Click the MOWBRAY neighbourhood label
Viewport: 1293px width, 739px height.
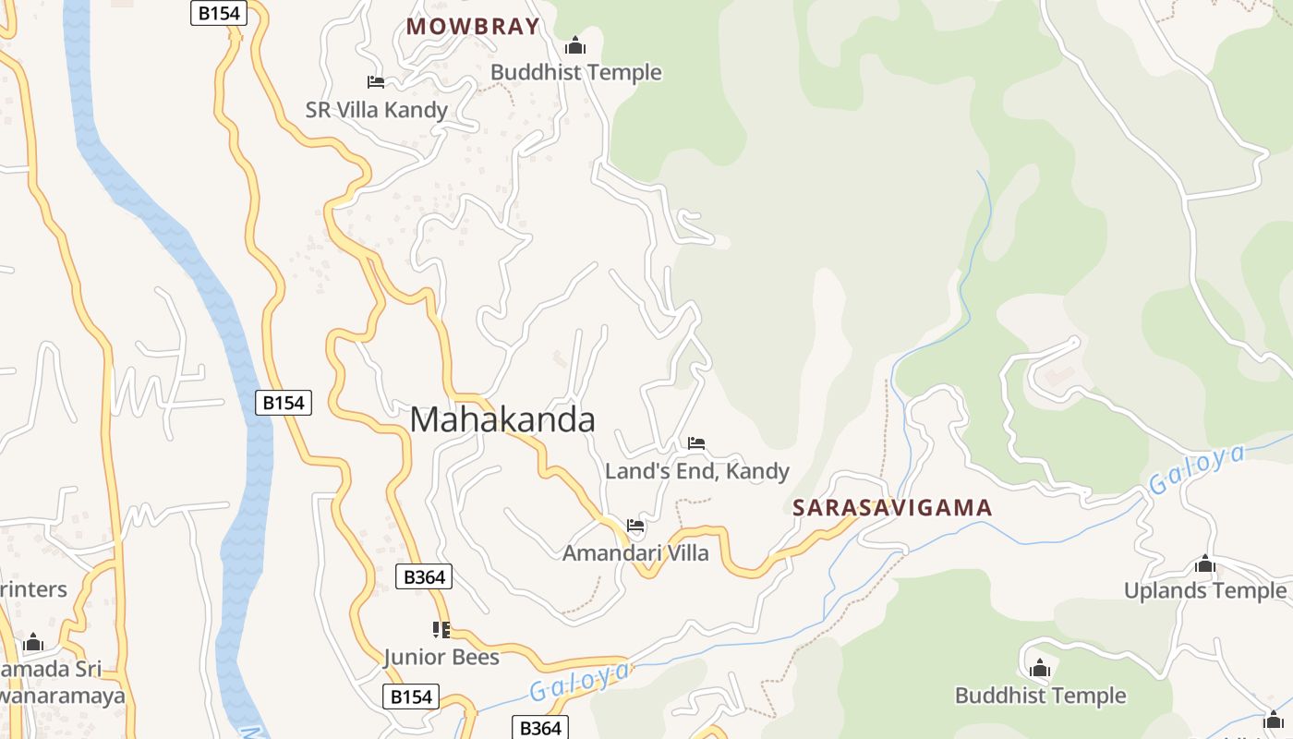click(472, 27)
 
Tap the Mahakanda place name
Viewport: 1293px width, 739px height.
click(502, 420)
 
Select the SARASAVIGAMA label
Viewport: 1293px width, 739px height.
click(892, 508)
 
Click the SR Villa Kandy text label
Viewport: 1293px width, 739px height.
click(377, 111)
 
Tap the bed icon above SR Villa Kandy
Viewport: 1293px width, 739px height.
click(376, 82)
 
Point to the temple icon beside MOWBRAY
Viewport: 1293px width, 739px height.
click(575, 45)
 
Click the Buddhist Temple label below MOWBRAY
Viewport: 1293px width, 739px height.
click(576, 72)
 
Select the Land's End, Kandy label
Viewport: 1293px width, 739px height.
click(697, 471)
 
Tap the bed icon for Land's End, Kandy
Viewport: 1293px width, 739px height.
click(696, 443)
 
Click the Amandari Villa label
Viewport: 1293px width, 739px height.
click(635, 553)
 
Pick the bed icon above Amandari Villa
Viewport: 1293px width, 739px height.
click(635, 526)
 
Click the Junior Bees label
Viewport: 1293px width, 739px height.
click(441, 658)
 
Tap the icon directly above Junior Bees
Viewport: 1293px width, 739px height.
click(441, 630)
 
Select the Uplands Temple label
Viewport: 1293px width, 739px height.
click(1204, 590)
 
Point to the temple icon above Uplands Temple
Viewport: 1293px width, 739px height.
click(1204, 563)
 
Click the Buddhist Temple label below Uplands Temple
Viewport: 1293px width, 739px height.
click(1040, 696)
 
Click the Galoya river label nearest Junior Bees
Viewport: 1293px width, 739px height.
click(580, 682)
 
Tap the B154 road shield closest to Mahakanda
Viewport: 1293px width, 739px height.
click(284, 403)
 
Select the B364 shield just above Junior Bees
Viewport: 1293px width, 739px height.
click(425, 577)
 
